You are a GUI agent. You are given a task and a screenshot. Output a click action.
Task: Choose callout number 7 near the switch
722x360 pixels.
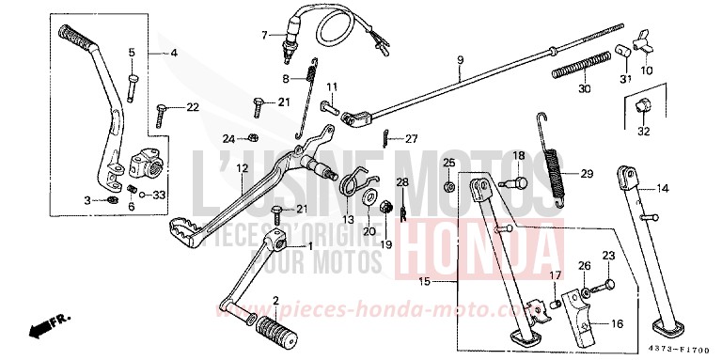click(x=265, y=36)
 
